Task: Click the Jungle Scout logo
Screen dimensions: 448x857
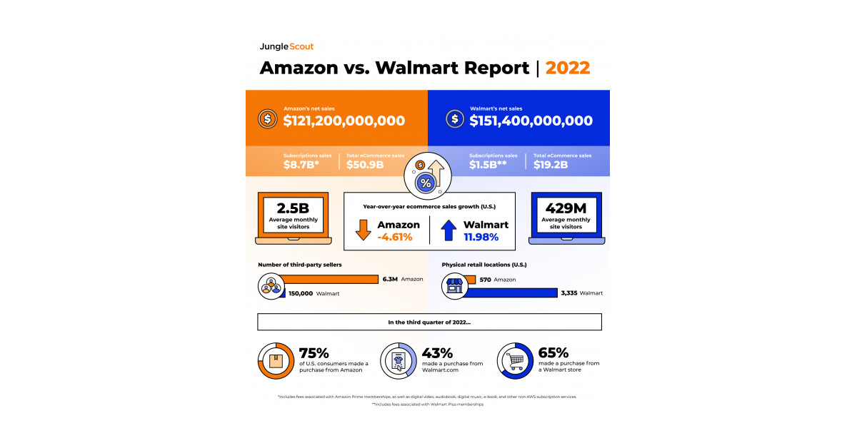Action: pyautogui.click(x=286, y=46)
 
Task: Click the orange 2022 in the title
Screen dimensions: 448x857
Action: pyautogui.click(x=568, y=68)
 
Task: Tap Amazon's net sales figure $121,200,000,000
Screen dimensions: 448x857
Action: pyautogui.click(x=344, y=121)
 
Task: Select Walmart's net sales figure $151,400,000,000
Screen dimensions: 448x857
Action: pyautogui.click(x=531, y=121)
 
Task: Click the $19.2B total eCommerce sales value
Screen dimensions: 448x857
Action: pyautogui.click(x=551, y=165)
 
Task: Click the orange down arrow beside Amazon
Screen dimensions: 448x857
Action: pyautogui.click(x=363, y=230)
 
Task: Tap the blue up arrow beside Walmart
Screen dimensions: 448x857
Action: pyautogui.click(x=448, y=230)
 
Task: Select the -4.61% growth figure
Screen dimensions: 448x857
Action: pyautogui.click(x=395, y=237)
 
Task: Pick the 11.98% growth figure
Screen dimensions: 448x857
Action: pyautogui.click(x=486, y=237)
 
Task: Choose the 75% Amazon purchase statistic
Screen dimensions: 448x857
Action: pyautogui.click(x=314, y=353)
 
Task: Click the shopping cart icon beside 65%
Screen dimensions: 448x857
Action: pyautogui.click(x=515, y=360)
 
